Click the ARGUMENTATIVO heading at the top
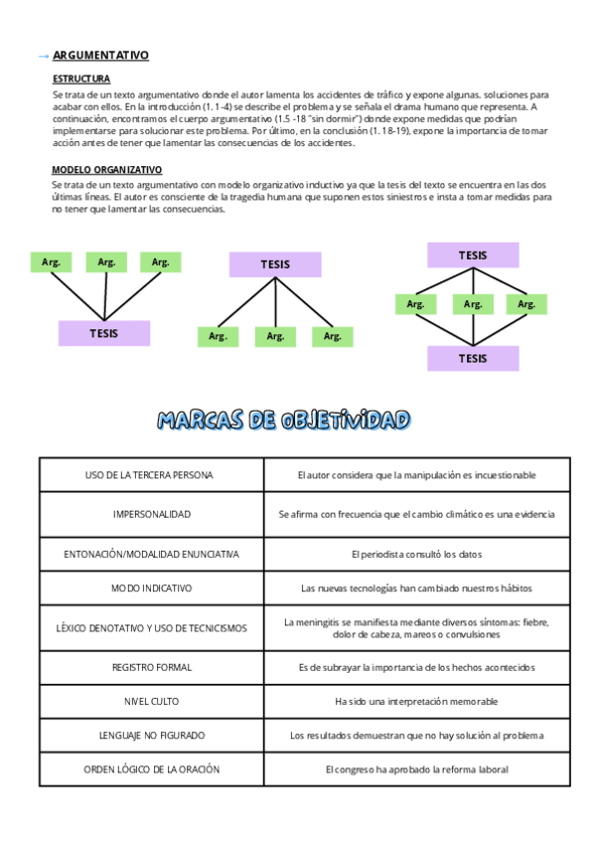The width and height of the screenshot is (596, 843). [x=100, y=56]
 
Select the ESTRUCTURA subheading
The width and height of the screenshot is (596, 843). [x=81, y=79]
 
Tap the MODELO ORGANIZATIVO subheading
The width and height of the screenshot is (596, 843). [x=107, y=170]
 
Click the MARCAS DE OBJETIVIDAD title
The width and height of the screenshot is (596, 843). [x=283, y=421]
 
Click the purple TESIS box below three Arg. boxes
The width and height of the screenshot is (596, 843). [x=103, y=333]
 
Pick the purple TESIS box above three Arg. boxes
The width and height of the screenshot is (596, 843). [x=275, y=264]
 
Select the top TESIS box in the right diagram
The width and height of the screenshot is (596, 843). [x=473, y=255]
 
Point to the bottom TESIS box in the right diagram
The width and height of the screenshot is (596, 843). [x=473, y=358]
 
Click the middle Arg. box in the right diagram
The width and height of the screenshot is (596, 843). [x=473, y=304]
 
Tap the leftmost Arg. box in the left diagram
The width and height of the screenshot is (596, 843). [x=52, y=262]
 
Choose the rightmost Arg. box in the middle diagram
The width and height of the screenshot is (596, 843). [x=332, y=337]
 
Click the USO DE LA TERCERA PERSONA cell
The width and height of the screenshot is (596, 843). [x=150, y=476]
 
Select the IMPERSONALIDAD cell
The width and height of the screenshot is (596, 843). [x=151, y=515]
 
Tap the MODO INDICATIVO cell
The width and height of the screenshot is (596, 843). [x=151, y=589]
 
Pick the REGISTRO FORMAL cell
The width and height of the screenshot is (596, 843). [x=151, y=667]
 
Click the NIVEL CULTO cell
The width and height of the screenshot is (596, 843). [x=151, y=702]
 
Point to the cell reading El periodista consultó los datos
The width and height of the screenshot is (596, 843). [x=416, y=553]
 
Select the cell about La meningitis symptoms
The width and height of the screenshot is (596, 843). [x=416, y=628]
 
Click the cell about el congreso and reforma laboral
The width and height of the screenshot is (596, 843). [x=416, y=769]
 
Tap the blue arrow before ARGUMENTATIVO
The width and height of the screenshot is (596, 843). [x=42, y=57]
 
